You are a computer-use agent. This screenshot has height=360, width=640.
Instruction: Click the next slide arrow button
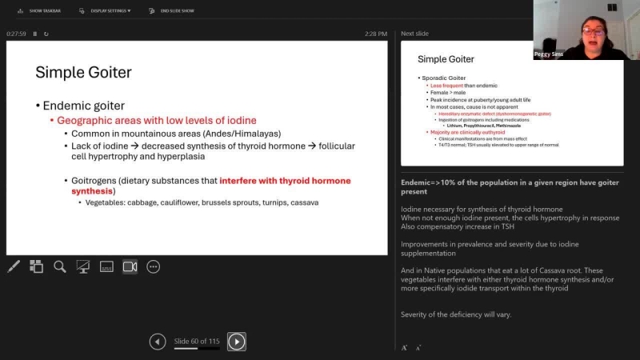236,342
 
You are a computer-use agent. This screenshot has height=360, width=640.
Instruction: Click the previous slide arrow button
158,342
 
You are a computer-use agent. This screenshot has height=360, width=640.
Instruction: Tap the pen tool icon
14,266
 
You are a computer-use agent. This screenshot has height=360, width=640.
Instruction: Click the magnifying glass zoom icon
60,266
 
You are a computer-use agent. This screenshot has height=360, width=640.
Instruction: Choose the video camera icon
130,266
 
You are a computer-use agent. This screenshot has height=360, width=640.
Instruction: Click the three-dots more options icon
153,266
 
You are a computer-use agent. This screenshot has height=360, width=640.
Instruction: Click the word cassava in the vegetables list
305,202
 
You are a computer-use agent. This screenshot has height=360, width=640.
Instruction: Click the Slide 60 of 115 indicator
197,342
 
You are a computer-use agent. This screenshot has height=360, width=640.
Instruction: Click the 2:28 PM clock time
376,34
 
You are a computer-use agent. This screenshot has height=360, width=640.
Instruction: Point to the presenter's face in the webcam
593,33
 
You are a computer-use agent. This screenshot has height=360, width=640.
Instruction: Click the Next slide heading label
414,34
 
